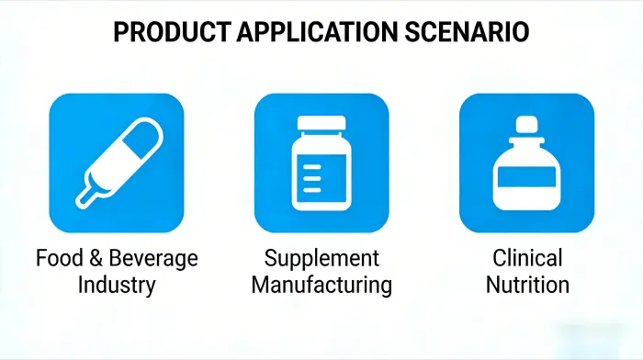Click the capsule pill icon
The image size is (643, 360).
(117, 162)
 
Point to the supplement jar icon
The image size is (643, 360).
(321, 162)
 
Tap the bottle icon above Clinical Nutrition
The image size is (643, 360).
(526, 162)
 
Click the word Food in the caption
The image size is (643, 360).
(57, 257)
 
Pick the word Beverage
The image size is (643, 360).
(152, 258)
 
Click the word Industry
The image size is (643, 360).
(117, 285)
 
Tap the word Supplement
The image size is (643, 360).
(321, 258)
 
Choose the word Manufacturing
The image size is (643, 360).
(321, 285)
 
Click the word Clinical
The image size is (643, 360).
(526, 257)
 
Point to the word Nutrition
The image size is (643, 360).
(526, 285)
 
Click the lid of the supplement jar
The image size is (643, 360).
(321, 126)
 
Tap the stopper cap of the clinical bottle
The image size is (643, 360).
(526, 123)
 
